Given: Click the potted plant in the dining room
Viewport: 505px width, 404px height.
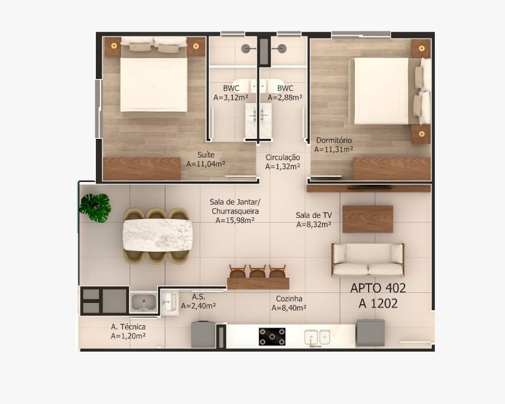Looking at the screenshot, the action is [x=95, y=208].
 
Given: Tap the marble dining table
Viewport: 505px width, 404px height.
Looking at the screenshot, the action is [x=158, y=235].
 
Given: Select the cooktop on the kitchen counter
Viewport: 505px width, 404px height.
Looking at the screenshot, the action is [x=272, y=336].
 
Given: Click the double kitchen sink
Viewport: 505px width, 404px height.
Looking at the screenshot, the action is [x=318, y=337].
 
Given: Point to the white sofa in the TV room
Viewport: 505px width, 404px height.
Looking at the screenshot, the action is [x=368, y=259].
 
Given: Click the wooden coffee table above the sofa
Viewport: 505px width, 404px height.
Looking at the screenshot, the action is [x=367, y=219].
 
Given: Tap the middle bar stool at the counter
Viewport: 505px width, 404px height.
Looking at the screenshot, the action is [x=258, y=271].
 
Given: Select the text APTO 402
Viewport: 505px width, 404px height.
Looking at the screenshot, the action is [x=377, y=288].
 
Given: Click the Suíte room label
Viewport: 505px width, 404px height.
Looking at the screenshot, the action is [x=206, y=155].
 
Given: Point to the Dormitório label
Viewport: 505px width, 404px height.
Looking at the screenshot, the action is [x=334, y=140].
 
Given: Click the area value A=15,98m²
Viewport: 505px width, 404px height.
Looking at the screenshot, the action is [x=235, y=220].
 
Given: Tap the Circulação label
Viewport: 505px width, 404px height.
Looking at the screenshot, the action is [x=283, y=158].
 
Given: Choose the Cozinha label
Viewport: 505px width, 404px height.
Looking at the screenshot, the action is [x=289, y=299].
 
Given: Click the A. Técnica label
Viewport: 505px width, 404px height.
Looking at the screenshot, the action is [x=128, y=327].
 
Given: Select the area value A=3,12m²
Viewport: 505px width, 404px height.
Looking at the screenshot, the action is [x=230, y=97].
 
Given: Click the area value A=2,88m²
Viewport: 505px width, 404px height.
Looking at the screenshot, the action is [x=285, y=97].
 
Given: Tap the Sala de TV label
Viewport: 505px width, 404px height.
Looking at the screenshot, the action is [x=314, y=215].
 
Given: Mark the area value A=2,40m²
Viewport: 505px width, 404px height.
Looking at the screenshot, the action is [x=198, y=306].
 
